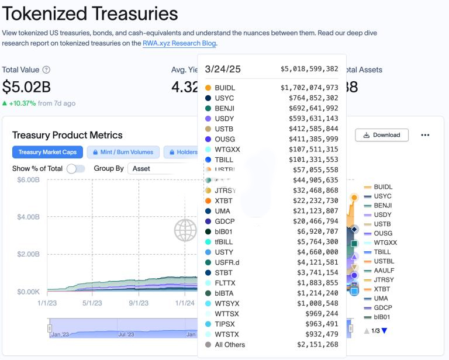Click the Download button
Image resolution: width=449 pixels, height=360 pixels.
(x=382, y=135)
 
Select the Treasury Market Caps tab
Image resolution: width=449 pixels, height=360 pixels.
(x=47, y=152)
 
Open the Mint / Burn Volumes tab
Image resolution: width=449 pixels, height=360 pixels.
(x=123, y=152)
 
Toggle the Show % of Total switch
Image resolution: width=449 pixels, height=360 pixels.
(x=75, y=168)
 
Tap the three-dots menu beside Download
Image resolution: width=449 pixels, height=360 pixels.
(x=425, y=135)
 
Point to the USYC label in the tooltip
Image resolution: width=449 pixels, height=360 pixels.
(x=225, y=98)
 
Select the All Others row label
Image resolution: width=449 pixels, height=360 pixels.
(x=230, y=345)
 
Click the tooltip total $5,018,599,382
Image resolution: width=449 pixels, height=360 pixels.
(x=309, y=69)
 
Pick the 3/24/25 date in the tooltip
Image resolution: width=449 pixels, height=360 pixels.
(x=223, y=69)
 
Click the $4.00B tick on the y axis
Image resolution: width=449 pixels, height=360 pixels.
(x=27, y=217)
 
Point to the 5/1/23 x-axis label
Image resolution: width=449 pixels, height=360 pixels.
(x=92, y=303)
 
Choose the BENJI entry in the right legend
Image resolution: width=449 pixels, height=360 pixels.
(x=382, y=206)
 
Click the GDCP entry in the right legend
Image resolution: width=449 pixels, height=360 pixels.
(x=382, y=307)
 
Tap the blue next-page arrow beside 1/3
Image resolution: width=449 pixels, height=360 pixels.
(x=384, y=331)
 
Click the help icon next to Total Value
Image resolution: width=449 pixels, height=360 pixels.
(x=46, y=70)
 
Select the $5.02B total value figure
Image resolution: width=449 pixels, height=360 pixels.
(x=26, y=86)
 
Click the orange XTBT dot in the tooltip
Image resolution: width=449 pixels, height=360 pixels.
(x=208, y=200)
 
